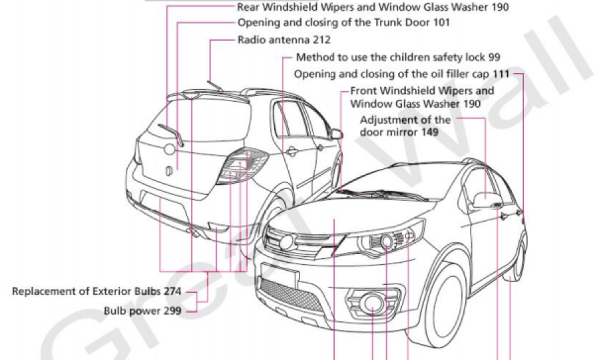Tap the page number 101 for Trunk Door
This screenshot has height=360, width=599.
(x=441, y=22)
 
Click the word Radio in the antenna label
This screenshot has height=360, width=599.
(x=251, y=39)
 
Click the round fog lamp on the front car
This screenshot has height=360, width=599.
(x=371, y=304)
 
